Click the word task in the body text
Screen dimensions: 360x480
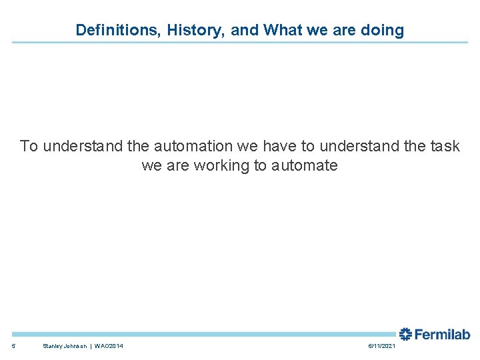[x=445, y=146]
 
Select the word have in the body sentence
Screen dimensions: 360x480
[x=276, y=146]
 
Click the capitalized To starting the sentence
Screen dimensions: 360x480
[x=29, y=146]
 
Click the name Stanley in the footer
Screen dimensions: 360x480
[x=53, y=346]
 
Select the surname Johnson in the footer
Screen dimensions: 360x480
[x=77, y=346]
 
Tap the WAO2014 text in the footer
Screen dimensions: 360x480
[x=109, y=346]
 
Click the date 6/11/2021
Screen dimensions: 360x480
[x=381, y=346]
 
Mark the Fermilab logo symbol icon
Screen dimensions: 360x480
[x=405, y=334]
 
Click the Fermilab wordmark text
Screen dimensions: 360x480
[x=442, y=334]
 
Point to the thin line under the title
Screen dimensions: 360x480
[x=240, y=43]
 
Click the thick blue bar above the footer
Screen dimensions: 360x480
[x=200, y=334]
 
